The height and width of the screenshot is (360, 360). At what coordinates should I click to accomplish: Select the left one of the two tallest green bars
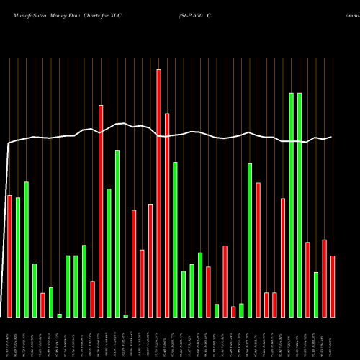292,204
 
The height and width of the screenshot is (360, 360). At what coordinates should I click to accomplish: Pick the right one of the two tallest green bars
300,204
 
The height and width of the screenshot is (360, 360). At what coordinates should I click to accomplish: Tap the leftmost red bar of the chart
9,256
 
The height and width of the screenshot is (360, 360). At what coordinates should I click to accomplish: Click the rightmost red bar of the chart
333,286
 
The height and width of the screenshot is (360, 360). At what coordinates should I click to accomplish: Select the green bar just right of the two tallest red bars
175,239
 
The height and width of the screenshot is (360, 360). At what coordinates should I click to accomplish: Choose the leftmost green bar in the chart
18,257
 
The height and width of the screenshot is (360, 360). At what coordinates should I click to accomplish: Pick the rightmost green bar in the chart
316,294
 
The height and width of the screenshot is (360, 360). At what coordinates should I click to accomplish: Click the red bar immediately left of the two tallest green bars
283,257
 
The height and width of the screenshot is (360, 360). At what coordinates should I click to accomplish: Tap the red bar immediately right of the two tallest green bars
307,279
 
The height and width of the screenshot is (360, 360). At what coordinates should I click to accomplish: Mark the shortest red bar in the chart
233,311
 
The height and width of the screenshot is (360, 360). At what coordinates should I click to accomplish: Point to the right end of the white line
332,137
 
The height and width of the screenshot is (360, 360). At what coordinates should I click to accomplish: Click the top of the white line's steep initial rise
9,143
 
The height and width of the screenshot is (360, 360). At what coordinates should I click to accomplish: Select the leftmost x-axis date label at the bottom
9,338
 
